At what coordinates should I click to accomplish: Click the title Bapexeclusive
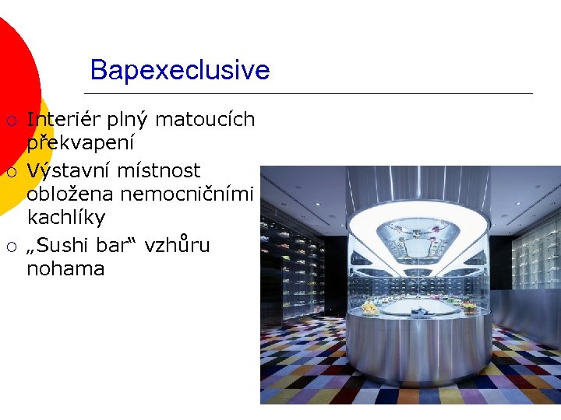click(180, 70)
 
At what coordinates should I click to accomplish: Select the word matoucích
click(205, 120)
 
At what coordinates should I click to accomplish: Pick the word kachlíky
click(65, 217)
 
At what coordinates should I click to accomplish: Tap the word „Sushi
click(59, 245)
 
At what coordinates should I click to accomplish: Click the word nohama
click(65, 269)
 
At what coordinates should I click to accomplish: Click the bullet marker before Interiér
click(12, 121)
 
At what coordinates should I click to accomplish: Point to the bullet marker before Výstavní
click(12, 171)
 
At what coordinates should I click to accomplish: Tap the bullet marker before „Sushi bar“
click(12, 247)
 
